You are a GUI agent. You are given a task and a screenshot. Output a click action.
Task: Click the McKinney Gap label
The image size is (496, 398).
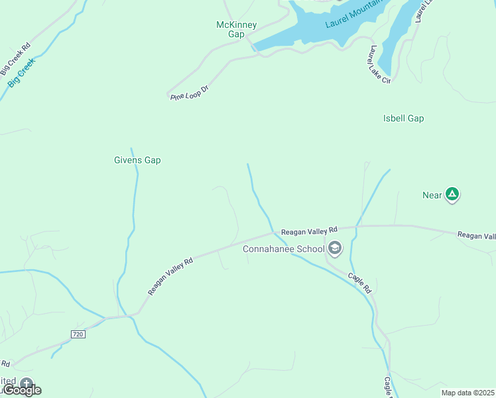tap(237, 30)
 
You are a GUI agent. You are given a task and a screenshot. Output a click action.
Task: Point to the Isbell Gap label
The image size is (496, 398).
tap(403, 119)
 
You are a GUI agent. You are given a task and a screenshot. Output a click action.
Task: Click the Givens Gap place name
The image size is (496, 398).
tap(137, 160)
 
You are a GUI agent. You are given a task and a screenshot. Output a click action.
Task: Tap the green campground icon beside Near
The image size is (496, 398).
tap(452, 194)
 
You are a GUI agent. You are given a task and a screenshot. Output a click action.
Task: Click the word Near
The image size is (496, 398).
tap(432, 195)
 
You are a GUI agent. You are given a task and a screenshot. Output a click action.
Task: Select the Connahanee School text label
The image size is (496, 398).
tap(283, 249)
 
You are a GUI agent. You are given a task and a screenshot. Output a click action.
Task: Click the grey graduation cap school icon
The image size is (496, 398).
tap(335, 249)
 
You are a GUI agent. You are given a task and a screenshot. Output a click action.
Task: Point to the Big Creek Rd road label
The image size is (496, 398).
tap(15, 58)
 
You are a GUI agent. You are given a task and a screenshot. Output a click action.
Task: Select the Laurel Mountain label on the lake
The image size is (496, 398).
tap(353, 18)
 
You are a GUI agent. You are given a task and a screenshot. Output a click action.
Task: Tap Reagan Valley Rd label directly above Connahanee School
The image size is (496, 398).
tap(309, 232)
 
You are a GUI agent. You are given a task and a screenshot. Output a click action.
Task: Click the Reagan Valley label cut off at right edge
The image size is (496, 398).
tap(476, 235)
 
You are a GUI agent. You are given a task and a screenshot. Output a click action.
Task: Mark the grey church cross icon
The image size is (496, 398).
tap(26, 383)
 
